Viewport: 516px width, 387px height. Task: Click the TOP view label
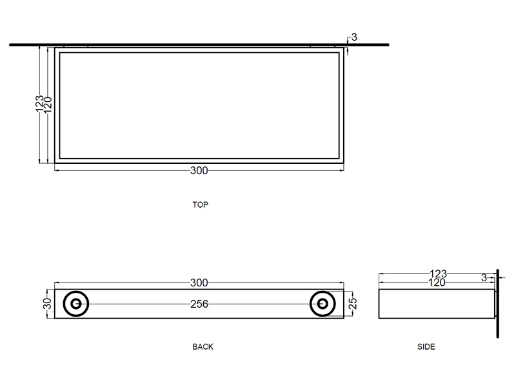click(201, 204)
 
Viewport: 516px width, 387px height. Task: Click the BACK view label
click(203, 346)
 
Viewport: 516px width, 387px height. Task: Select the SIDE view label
click(426, 346)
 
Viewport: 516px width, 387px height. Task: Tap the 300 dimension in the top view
click(199, 171)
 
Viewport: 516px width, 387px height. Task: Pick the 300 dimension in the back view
click(199, 283)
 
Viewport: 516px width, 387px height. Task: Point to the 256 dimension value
click(199, 304)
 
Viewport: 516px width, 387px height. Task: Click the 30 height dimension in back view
click(47, 303)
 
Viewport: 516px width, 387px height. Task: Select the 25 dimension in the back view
click(352, 303)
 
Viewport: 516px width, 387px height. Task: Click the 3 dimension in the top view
click(354, 37)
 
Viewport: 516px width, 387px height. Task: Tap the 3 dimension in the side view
click(484, 278)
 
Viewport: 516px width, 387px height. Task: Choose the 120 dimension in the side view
click(437, 282)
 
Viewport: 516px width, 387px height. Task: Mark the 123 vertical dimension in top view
click(39, 103)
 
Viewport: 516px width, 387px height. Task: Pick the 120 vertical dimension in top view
click(48, 103)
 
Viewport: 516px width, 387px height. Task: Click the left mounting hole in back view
click(76, 303)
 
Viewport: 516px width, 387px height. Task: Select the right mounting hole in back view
click(322, 303)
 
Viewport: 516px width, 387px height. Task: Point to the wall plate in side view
click(497, 303)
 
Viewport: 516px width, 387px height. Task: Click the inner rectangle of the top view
click(199, 105)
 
